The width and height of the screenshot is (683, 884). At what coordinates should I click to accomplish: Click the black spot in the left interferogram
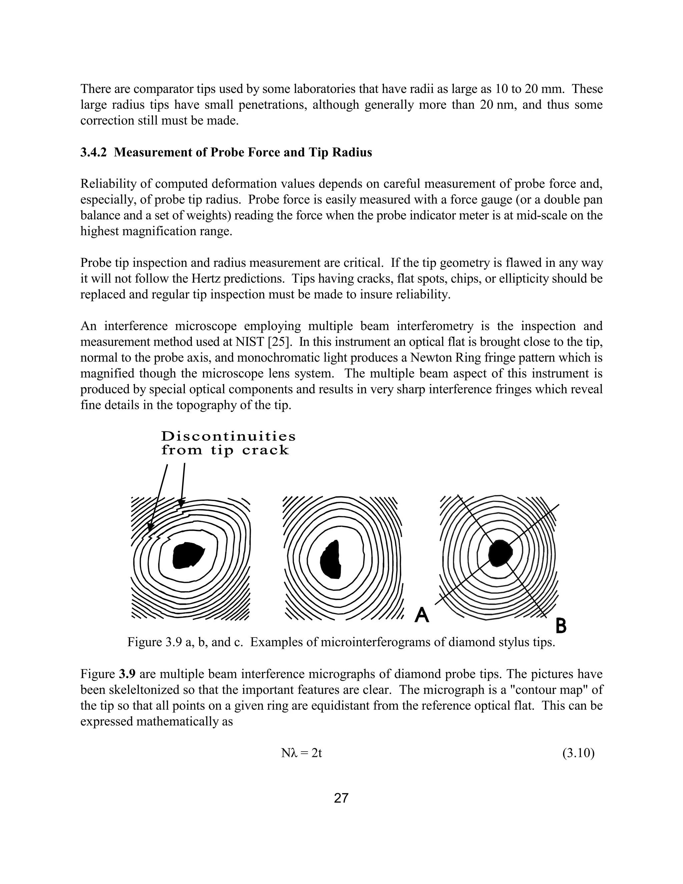tap(187, 555)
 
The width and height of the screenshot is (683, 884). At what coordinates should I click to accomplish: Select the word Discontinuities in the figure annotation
tap(228, 436)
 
